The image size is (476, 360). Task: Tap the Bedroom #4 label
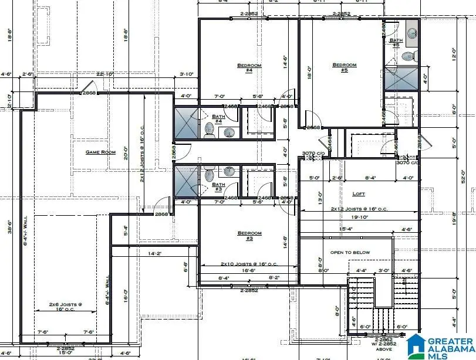pyautogui.click(x=249, y=67)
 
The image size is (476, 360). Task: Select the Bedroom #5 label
pyautogui.click(x=344, y=67)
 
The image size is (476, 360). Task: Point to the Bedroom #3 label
pyautogui.click(x=249, y=236)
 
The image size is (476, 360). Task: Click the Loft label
pyautogui.click(x=359, y=194)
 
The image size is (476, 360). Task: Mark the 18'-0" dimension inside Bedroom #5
pyautogui.click(x=310, y=76)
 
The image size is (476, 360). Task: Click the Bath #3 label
pyautogui.click(x=218, y=186)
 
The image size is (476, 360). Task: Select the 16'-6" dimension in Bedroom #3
pyautogui.click(x=249, y=271)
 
